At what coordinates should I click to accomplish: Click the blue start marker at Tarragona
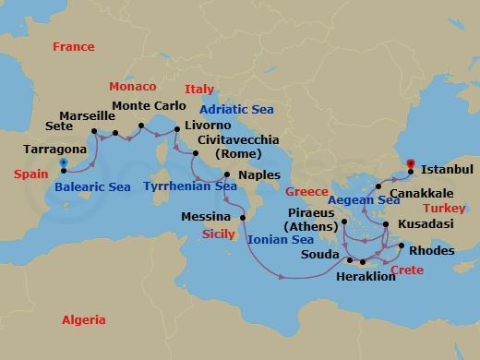(x=63, y=163)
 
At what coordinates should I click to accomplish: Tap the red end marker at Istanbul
(x=410, y=164)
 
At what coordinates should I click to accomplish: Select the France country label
(x=74, y=46)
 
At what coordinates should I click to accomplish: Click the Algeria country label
(x=83, y=320)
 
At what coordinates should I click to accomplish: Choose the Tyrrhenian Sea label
(x=189, y=186)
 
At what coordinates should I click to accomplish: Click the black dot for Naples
(x=226, y=174)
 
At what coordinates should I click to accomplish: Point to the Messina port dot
(x=242, y=216)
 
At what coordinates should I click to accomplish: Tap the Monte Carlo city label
(x=149, y=106)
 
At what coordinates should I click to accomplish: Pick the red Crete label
(x=407, y=270)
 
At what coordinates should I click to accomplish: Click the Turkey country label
(x=446, y=209)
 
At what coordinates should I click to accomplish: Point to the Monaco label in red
(x=133, y=86)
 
